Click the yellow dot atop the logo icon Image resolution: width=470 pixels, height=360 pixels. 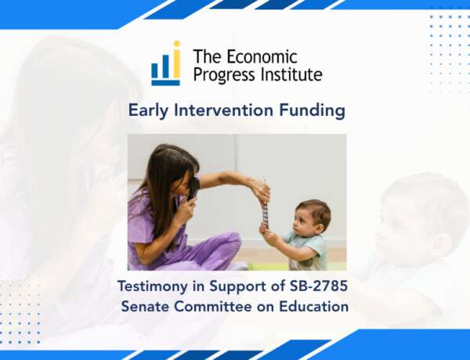(x=177, y=44)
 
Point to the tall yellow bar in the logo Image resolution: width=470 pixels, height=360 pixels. (x=177, y=63)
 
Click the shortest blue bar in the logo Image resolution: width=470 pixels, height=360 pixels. (x=154, y=70)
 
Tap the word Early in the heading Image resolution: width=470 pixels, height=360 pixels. (x=148, y=110)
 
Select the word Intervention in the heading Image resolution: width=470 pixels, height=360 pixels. (x=223, y=110)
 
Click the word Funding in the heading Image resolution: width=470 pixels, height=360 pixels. (x=312, y=110)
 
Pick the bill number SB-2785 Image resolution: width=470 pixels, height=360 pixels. (x=319, y=286)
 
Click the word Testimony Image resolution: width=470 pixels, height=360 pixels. (x=153, y=286)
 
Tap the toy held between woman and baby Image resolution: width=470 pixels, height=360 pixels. (x=265, y=210)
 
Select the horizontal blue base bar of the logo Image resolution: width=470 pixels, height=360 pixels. (x=165, y=83)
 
